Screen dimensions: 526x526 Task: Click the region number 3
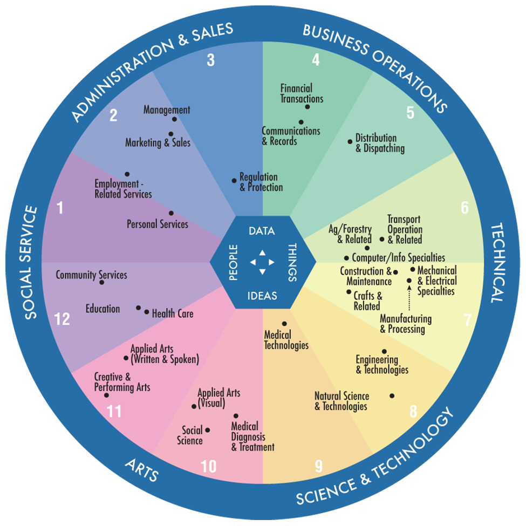click(210, 60)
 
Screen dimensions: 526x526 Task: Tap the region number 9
click(318, 466)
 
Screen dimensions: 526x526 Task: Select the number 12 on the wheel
click(62, 319)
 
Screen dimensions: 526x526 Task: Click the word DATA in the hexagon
click(262, 231)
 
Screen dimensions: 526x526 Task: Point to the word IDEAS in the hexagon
click(262, 295)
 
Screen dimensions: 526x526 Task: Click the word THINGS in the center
click(292, 263)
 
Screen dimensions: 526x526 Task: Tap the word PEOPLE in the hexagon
click(233, 263)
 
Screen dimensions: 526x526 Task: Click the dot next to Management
click(174, 119)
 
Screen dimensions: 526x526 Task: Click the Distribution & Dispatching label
click(380, 144)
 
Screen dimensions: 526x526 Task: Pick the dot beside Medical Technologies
click(284, 324)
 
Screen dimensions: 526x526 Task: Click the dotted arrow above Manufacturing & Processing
click(409, 298)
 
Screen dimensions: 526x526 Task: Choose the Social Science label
click(192, 435)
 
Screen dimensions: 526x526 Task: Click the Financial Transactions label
click(302, 93)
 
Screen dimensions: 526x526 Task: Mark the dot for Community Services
click(101, 282)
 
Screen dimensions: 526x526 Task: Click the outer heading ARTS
click(142, 470)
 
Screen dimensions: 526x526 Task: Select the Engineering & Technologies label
click(381, 365)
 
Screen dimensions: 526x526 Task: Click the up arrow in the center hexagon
click(262, 252)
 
